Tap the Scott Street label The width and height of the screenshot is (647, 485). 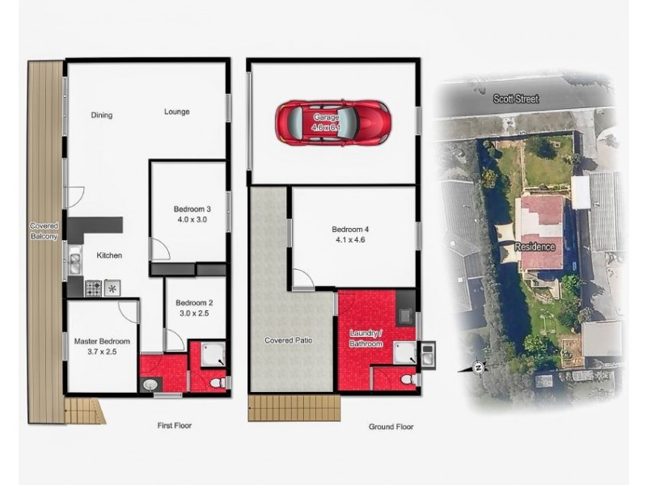click(x=515, y=99)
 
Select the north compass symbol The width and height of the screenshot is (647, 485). click(x=478, y=368)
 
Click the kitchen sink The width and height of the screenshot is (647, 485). click(x=74, y=260)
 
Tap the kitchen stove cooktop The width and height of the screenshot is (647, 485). click(x=94, y=286)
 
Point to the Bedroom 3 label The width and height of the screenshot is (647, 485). click(x=191, y=208)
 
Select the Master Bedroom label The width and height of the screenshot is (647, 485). click(x=97, y=341)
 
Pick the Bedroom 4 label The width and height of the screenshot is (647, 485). click(x=353, y=228)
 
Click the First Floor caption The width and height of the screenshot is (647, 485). click(x=173, y=425)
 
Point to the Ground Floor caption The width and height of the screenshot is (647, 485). click(x=390, y=427)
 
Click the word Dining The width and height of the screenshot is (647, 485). click(x=102, y=115)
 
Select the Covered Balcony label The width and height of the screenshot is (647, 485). click(x=41, y=230)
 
